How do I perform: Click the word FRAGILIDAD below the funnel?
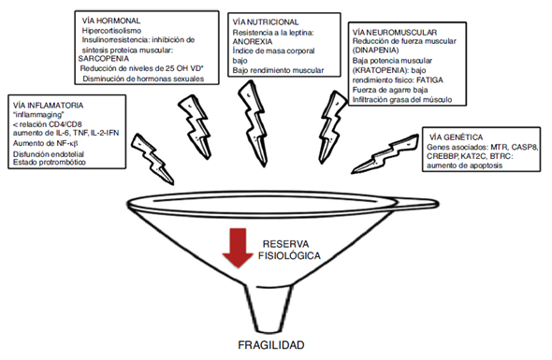[271, 345]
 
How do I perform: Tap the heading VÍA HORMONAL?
[111, 21]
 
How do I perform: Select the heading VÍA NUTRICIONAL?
[266, 22]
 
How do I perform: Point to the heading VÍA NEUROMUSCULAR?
[395, 33]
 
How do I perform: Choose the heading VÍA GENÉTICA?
[456, 137]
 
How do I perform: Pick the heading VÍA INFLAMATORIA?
[49, 106]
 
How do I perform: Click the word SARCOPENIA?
[104, 58]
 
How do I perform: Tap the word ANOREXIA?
[253, 41]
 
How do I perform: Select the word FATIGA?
[429, 79]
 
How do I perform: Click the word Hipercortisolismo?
[111, 31]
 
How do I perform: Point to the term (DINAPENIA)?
[375, 50]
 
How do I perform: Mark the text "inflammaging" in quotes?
[38, 115]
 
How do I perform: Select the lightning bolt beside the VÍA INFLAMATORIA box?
[153, 159]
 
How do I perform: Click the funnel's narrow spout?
[269, 309]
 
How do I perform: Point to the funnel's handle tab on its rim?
[419, 204]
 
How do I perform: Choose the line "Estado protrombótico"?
[50, 162]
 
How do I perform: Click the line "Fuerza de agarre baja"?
[390, 90]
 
